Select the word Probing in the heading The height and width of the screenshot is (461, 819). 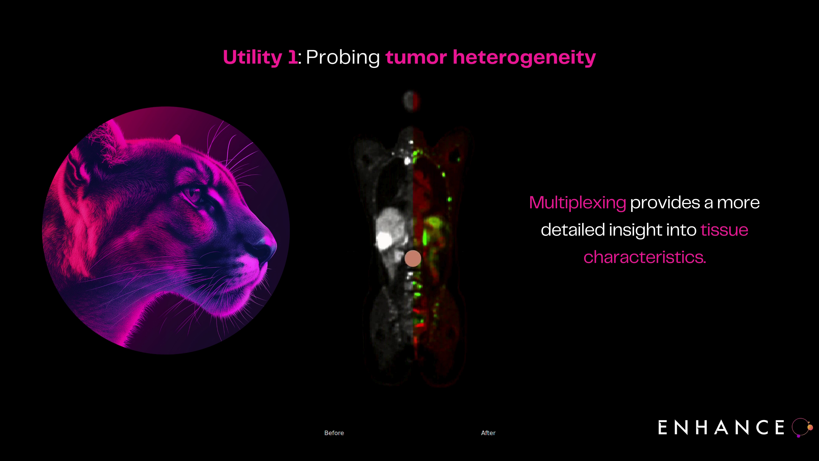pos(343,58)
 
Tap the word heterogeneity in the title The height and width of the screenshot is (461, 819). pos(524,58)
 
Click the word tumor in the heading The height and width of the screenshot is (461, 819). pos(416,58)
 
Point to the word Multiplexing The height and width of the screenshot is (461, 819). pos(577,203)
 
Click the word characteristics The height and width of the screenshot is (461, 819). pos(645,257)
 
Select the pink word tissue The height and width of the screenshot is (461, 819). pos(724,230)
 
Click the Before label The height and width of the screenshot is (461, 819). pos(334,433)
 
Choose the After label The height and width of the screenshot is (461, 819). pos(488,433)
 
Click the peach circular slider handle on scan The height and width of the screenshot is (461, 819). pos(413,258)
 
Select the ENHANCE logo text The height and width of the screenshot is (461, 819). pos(721,427)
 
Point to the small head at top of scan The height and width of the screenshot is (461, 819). pos(411,101)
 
